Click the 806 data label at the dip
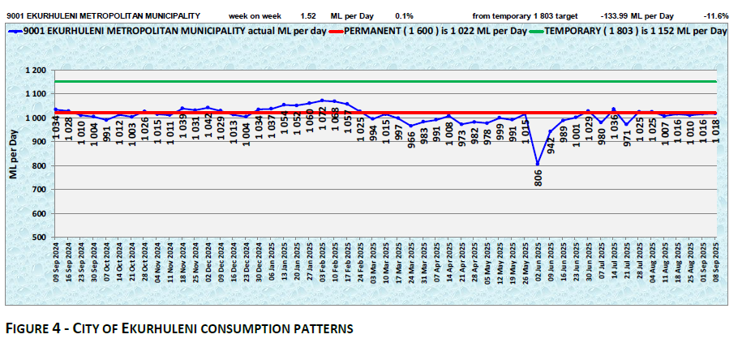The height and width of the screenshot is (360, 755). coord(538,179)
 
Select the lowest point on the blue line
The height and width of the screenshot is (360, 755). coord(538,164)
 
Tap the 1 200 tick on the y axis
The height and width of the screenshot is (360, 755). coord(35,71)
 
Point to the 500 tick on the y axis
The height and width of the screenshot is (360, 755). coord(38,238)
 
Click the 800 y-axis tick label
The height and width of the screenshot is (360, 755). coord(38,166)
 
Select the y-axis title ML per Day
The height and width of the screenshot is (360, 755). coord(14,154)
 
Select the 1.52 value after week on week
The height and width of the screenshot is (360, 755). coord(308,15)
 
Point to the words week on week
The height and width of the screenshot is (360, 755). coord(255,15)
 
